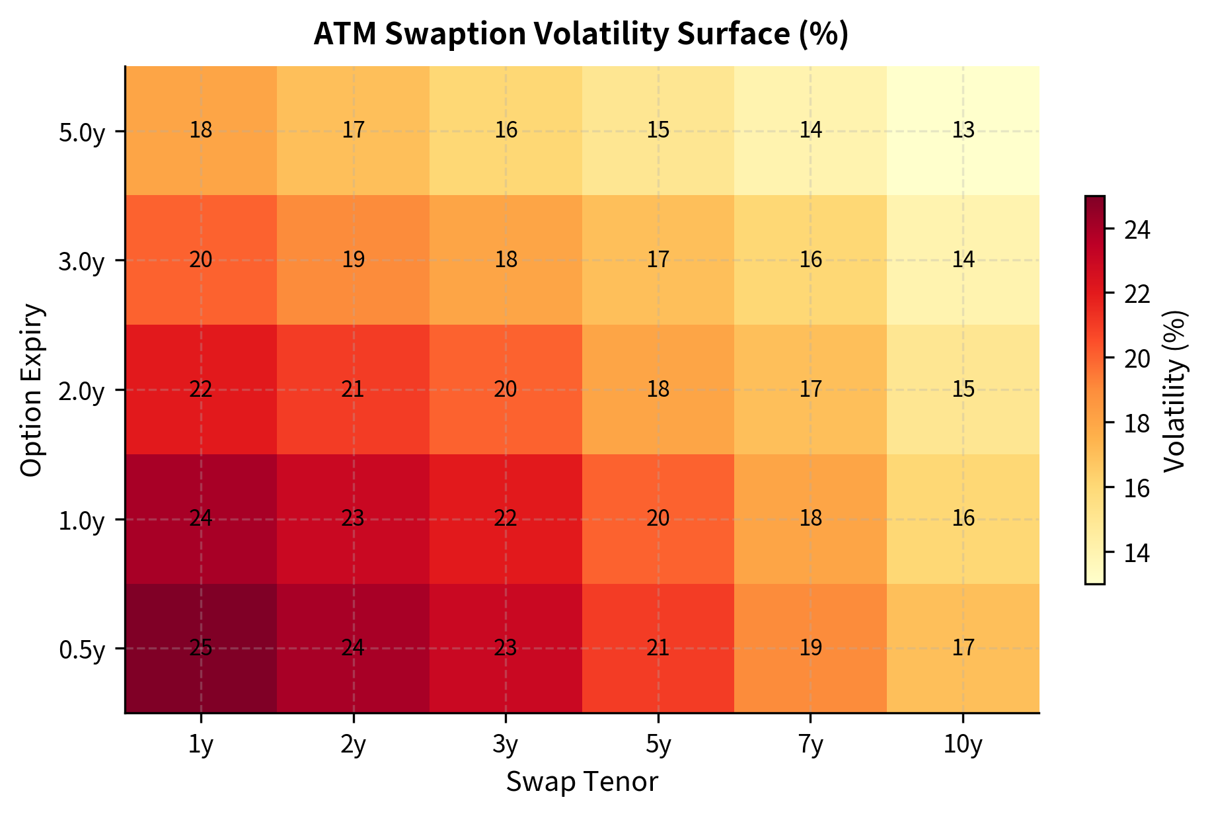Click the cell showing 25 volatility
pyautogui.click(x=201, y=648)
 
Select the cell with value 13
pyautogui.click(x=963, y=130)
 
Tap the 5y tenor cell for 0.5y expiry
pyautogui.click(x=658, y=648)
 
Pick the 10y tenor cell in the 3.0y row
pyautogui.click(x=963, y=260)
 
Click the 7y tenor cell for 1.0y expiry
pyautogui.click(x=810, y=518)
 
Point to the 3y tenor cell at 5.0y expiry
pyautogui.click(x=506, y=130)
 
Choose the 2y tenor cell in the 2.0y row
pyautogui.click(x=353, y=389)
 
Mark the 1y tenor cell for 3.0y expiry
pyautogui.click(x=201, y=260)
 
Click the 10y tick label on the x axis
pyautogui.click(x=963, y=745)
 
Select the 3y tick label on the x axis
pyautogui.click(x=506, y=745)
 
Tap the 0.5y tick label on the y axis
pyautogui.click(x=82, y=649)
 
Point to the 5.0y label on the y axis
pyautogui.click(x=82, y=132)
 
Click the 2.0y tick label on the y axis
pyautogui.click(x=82, y=391)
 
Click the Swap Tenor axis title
pyautogui.click(x=582, y=782)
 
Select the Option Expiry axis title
pyautogui.click(x=31, y=389)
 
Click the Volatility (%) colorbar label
pyautogui.click(x=1174, y=390)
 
